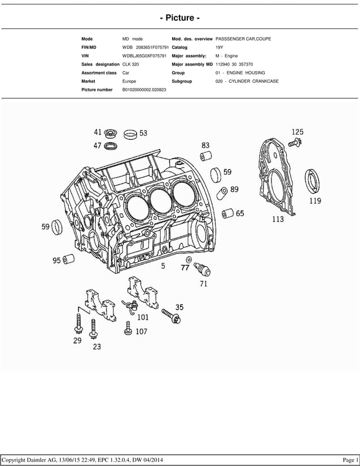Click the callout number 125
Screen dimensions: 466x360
click(297, 132)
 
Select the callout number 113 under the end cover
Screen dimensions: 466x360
click(278, 219)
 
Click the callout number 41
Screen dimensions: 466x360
click(98, 133)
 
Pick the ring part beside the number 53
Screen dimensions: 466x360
click(130, 134)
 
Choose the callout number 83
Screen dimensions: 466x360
click(205, 145)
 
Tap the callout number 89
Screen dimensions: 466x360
click(234, 190)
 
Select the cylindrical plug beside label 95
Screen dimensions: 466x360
click(70, 260)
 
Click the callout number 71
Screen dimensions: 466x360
click(203, 284)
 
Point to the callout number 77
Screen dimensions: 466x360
click(185, 268)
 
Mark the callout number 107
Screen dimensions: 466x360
click(141, 332)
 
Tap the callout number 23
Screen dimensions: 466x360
click(96, 347)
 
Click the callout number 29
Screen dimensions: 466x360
click(77, 340)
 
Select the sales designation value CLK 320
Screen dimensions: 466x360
click(130, 64)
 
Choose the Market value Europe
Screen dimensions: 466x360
click(129, 81)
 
